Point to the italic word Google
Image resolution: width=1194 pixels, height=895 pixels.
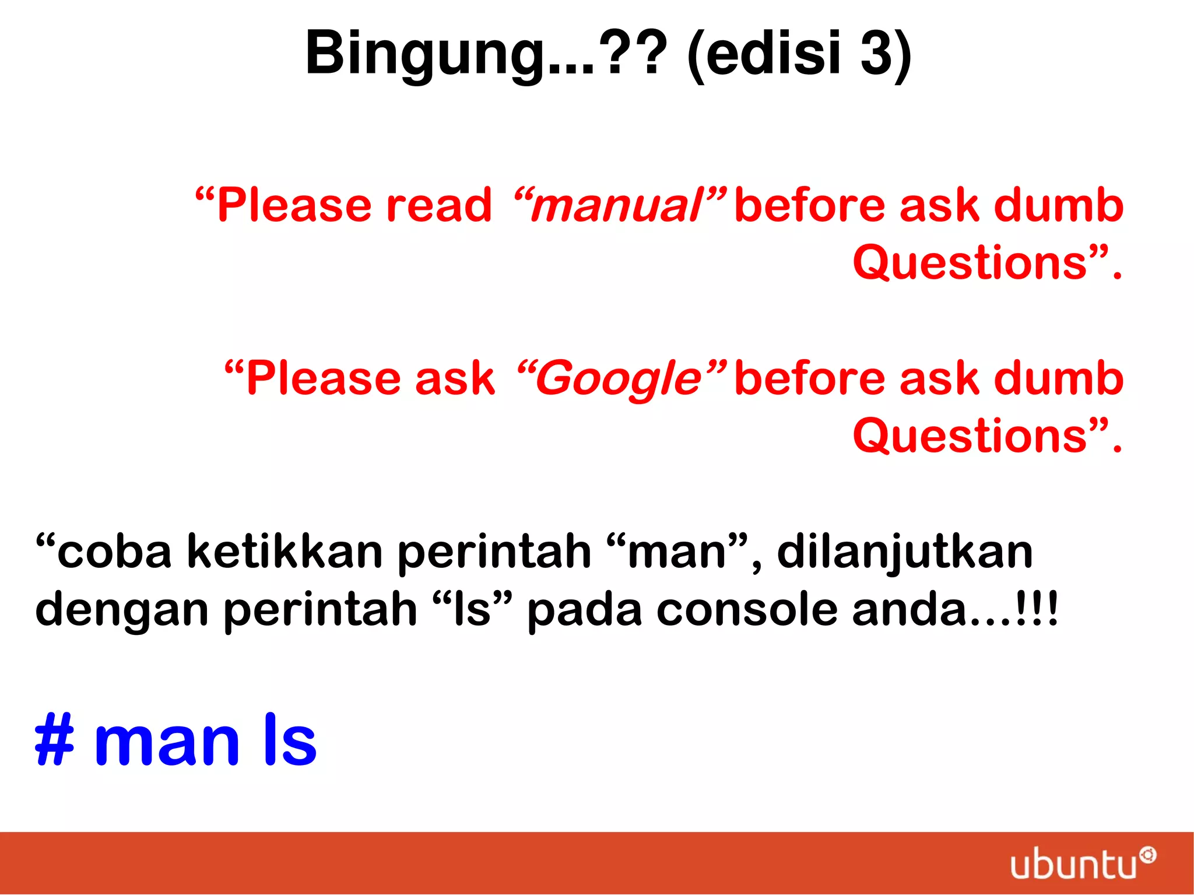620,379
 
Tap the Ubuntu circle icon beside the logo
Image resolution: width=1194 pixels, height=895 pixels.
1147,855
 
